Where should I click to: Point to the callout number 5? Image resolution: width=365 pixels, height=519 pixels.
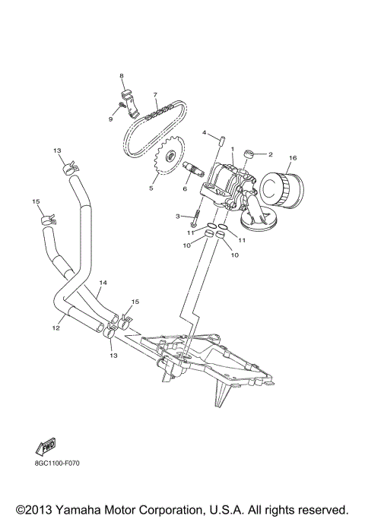click(x=151, y=188)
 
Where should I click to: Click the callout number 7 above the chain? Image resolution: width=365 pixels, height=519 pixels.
click(x=155, y=96)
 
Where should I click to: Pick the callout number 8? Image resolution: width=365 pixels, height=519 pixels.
click(x=120, y=76)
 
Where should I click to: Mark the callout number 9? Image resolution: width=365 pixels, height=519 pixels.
click(x=110, y=119)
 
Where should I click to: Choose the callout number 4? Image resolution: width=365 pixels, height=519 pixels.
click(x=204, y=133)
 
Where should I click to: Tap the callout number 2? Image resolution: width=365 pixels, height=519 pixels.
click(x=270, y=154)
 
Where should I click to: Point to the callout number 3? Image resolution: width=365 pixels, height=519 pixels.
click(x=177, y=217)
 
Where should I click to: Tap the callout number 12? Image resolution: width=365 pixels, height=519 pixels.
click(x=55, y=328)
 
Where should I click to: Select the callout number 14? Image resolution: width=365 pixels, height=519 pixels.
click(x=103, y=283)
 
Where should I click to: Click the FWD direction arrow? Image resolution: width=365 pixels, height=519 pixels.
click(x=46, y=451)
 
